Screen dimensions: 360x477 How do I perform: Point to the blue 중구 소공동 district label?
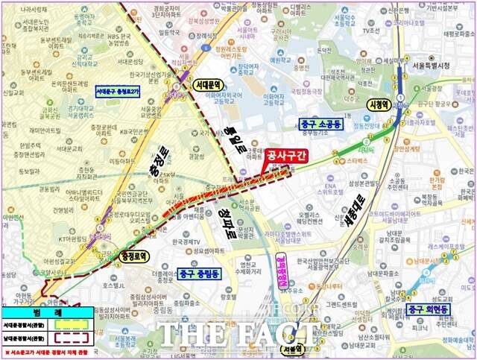point(320,124)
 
